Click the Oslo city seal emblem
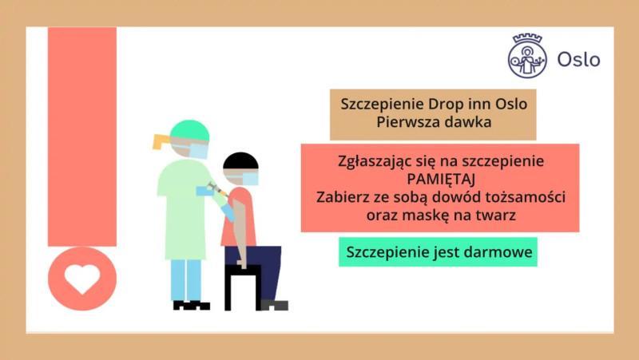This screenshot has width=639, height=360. click(x=527, y=56)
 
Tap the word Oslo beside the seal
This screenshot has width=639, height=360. click(x=578, y=59)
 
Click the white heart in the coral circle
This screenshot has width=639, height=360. click(x=82, y=279)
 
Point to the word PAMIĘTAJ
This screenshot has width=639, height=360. click(x=441, y=179)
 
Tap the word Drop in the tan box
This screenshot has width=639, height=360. click(x=446, y=105)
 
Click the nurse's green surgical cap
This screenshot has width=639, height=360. click(x=189, y=130)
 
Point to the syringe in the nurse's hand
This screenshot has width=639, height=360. click(x=216, y=188)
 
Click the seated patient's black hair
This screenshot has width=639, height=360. click(x=240, y=160)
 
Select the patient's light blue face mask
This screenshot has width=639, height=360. click(x=249, y=179)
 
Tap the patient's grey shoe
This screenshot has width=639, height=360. click(x=274, y=305)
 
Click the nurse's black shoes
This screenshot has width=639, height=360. click(x=192, y=306)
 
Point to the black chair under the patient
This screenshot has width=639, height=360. click(x=243, y=287)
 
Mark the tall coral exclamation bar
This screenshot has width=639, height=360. click(x=82, y=136)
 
